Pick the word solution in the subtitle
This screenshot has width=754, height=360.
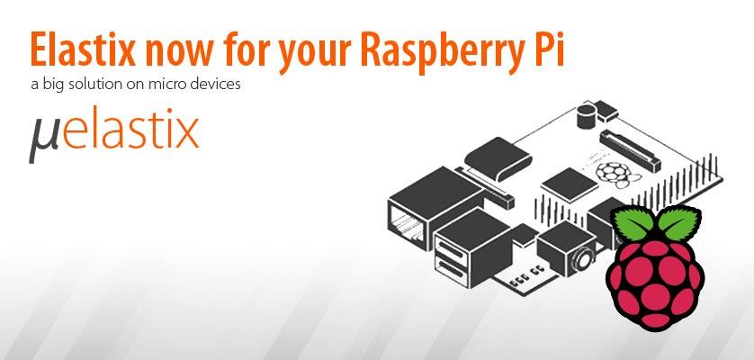[101, 86]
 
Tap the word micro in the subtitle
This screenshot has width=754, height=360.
[169, 87]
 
